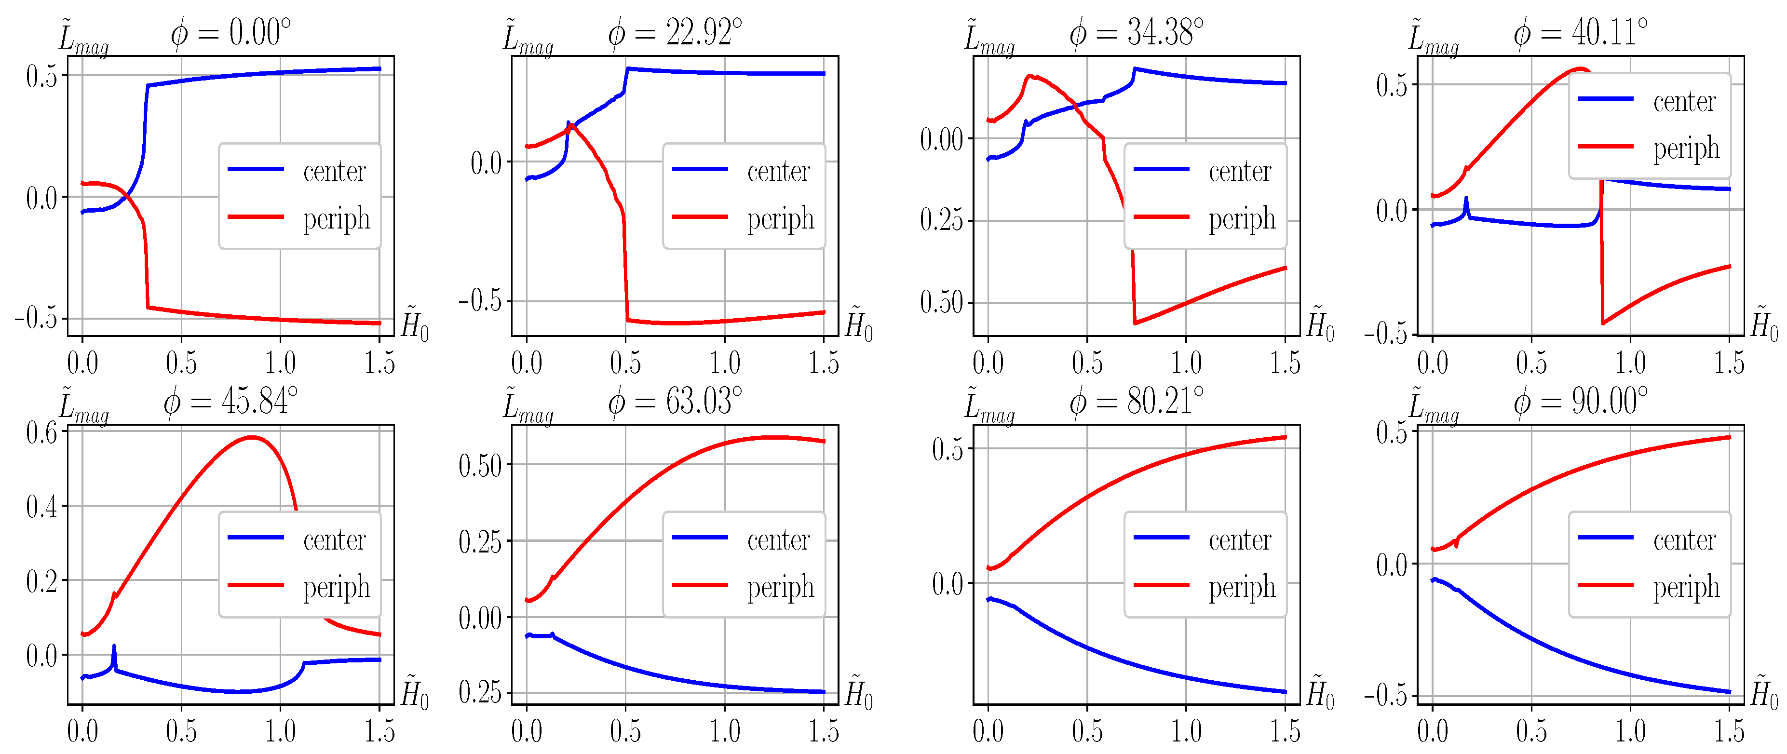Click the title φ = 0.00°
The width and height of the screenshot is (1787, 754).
231,33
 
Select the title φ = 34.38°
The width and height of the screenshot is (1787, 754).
1137,33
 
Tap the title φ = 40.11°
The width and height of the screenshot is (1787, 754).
1580,33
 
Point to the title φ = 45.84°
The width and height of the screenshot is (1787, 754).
231,401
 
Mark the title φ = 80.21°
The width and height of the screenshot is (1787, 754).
1137,401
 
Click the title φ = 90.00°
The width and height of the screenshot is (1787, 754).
1580,401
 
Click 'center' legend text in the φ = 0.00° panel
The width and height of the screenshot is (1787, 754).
334,171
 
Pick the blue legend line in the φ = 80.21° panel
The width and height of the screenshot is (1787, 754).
1161,538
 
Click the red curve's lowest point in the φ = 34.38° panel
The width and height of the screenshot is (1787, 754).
1135,323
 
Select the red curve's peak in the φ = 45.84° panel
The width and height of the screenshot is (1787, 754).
251,437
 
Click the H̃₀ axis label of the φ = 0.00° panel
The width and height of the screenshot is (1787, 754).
415,324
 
